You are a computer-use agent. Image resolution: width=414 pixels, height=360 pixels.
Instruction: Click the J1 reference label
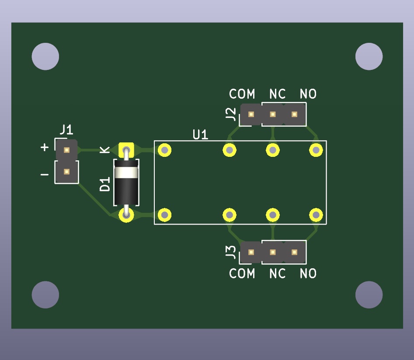(x=66, y=130)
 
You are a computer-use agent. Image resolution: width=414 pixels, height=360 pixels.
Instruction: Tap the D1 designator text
(x=105, y=184)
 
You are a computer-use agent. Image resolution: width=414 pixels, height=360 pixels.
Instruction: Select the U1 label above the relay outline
(x=200, y=135)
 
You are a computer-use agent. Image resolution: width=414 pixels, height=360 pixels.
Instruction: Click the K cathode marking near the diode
(x=105, y=150)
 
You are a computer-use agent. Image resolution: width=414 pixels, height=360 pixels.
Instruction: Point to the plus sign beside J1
(x=45, y=147)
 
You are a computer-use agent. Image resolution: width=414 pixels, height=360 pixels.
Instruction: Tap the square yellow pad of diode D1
(x=126, y=150)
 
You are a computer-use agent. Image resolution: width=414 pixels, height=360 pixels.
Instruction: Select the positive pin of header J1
(x=66, y=150)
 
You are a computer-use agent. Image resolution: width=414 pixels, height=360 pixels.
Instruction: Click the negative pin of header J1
(x=66, y=172)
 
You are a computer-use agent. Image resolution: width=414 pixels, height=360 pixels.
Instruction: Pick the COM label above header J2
(x=242, y=94)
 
